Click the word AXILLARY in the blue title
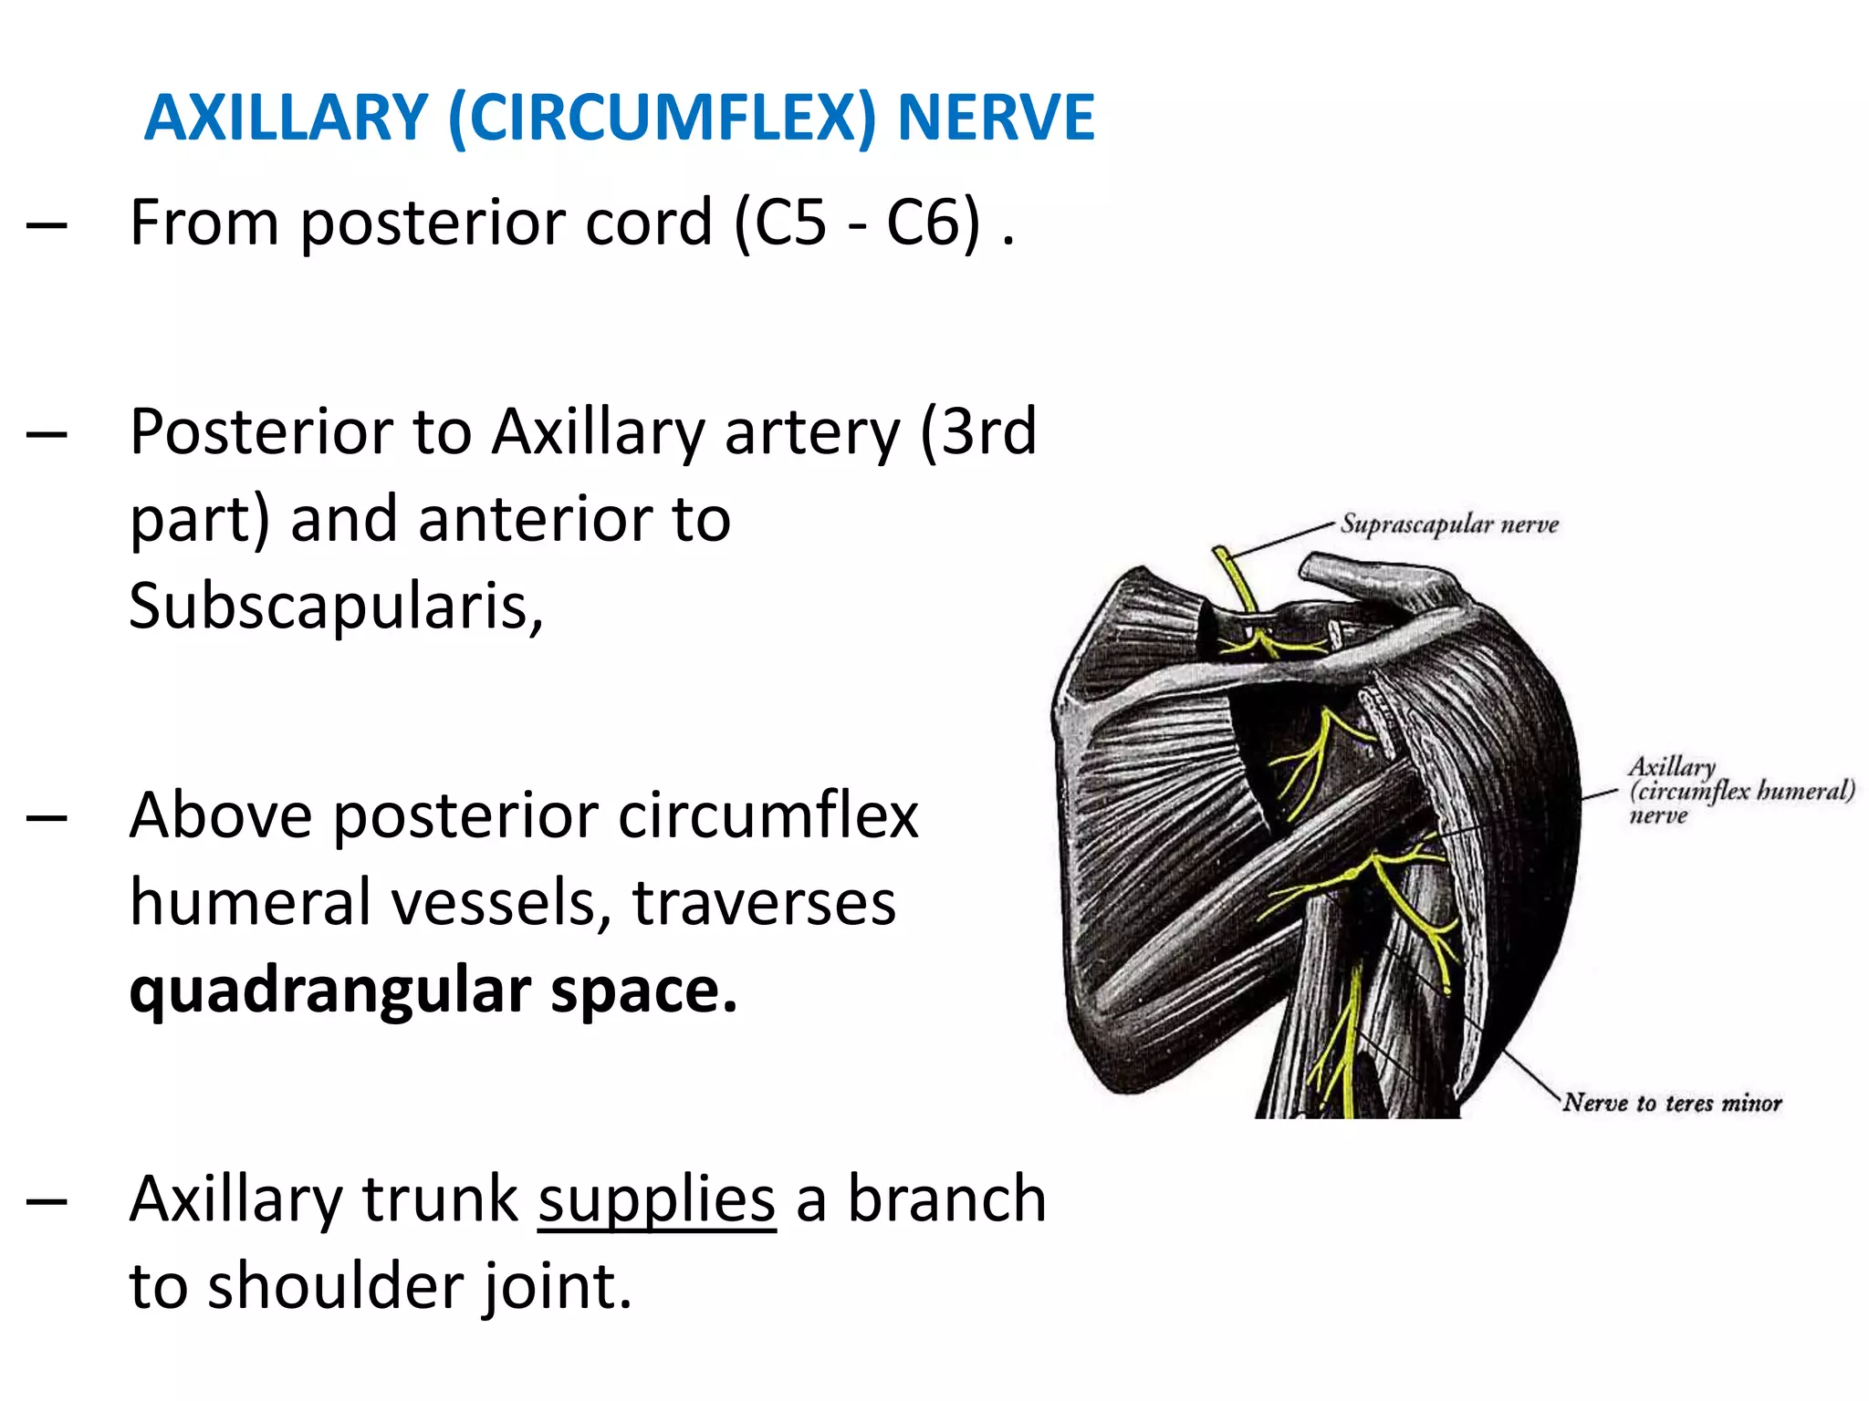coord(286,119)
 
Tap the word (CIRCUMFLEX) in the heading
coord(663,119)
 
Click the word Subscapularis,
coord(336,606)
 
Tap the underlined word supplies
coord(656,1199)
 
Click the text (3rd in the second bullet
coord(977,431)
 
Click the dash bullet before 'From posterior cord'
coord(47,224)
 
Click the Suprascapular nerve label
coord(1449,524)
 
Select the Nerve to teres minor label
coord(1672,1103)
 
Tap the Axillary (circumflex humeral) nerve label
coord(1738,790)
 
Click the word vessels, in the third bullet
coord(501,903)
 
